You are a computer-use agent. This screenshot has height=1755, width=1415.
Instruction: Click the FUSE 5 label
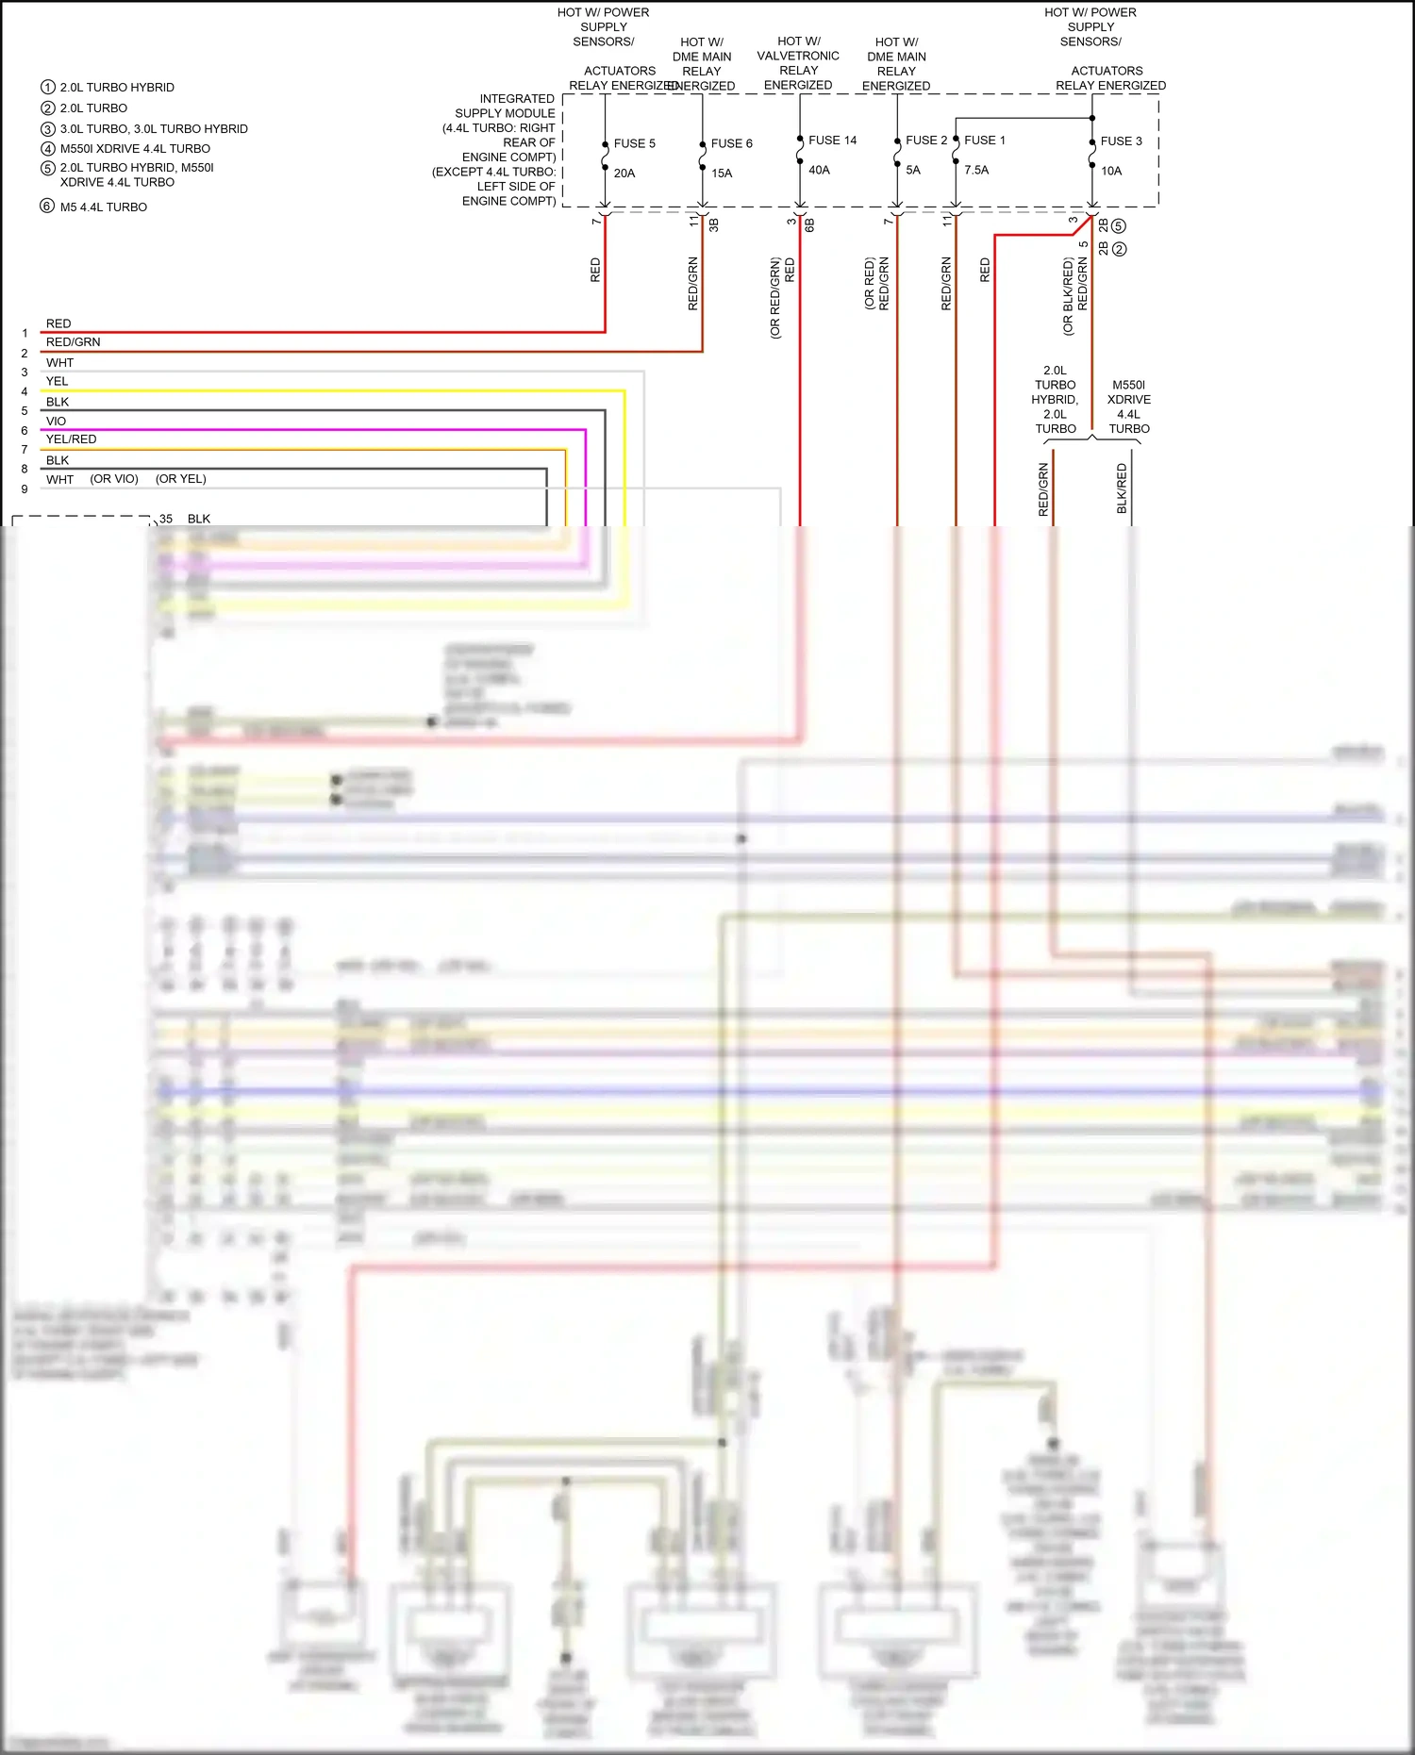click(634, 143)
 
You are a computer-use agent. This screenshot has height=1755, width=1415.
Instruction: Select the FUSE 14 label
click(832, 141)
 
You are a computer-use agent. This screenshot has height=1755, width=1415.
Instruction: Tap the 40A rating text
click(819, 171)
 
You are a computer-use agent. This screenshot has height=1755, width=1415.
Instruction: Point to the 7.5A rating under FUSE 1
click(976, 171)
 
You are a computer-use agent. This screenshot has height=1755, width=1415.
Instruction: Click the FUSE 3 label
click(1121, 141)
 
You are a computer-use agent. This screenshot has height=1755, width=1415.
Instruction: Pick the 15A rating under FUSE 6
click(722, 174)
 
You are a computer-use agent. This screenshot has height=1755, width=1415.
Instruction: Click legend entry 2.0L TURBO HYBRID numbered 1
click(117, 88)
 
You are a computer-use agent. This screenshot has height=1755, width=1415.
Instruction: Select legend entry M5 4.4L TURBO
click(103, 207)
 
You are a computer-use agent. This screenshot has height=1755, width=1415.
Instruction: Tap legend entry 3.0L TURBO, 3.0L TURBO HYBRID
click(154, 129)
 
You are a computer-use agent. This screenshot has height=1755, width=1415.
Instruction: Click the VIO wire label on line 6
click(56, 422)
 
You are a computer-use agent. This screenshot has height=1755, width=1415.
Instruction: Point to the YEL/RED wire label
click(71, 439)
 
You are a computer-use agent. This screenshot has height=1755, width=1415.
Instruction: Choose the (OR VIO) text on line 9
click(114, 479)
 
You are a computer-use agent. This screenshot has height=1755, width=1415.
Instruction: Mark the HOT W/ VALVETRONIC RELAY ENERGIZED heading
click(798, 63)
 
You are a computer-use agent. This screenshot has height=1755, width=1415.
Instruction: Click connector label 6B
click(809, 224)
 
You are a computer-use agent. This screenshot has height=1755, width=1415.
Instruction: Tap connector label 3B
click(713, 224)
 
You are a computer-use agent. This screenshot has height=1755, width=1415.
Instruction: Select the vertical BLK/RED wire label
click(1122, 488)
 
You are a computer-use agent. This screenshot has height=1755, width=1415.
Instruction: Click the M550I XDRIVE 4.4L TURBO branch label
click(1128, 406)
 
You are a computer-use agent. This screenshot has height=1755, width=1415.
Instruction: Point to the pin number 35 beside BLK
click(166, 519)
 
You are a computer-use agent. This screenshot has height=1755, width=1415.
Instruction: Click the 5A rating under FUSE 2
click(912, 171)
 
